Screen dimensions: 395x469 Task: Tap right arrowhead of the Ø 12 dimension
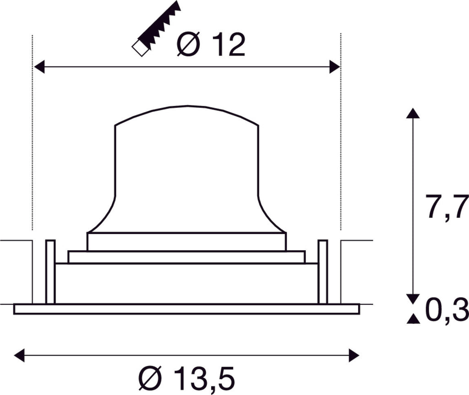(x=334, y=67)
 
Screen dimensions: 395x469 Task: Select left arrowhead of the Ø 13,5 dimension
(x=20, y=355)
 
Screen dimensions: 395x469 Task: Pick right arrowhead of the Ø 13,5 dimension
(x=354, y=355)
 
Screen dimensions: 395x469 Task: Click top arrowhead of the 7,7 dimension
(x=413, y=114)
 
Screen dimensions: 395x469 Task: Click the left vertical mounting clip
(x=50, y=271)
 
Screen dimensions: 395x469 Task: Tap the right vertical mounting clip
(x=323, y=271)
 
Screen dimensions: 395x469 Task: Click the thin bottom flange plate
(x=186, y=309)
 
